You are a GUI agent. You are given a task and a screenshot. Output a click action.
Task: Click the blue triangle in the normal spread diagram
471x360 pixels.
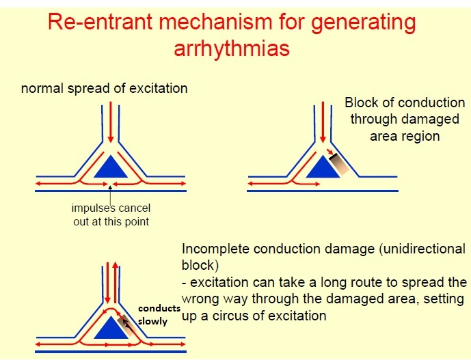110,168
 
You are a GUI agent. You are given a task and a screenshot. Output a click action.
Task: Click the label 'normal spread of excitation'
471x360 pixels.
104,88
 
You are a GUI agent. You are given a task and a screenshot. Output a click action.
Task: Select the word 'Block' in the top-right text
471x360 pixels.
362,103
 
